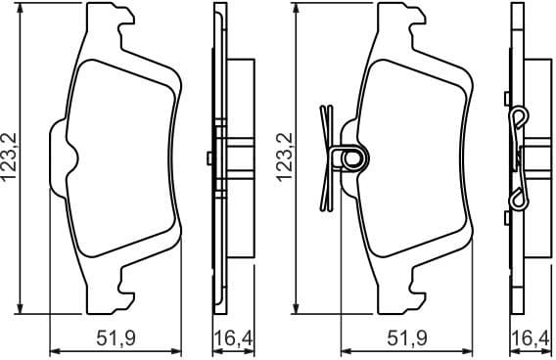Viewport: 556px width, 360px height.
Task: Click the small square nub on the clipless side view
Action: pyautogui.click(x=210, y=157)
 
